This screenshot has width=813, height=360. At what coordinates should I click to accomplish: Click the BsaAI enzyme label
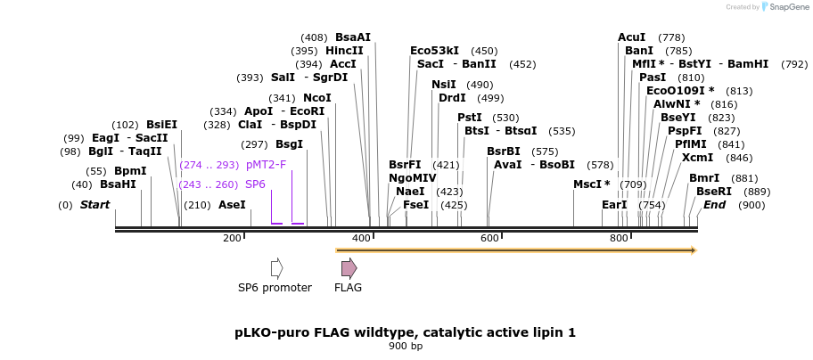tap(352, 37)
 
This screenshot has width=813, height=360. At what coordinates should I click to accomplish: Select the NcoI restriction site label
tap(316, 97)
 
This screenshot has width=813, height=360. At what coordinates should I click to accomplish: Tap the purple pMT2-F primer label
tap(266, 165)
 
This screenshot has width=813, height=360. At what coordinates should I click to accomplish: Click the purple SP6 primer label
tap(255, 184)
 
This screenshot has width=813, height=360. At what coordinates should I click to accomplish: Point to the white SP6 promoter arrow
tap(276, 267)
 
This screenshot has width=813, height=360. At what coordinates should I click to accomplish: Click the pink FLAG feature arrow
tap(349, 267)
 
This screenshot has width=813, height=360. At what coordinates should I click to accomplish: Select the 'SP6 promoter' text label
tap(275, 288)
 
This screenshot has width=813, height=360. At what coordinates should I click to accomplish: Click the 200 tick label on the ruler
tap(232, 238)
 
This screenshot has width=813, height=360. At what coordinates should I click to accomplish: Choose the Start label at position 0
tap(94, 205)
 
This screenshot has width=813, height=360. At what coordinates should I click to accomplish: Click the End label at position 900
tap(714, 205)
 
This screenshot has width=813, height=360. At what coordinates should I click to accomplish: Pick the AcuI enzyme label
tap(631, 37)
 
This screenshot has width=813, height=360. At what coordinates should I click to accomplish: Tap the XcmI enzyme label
tap(697, 158)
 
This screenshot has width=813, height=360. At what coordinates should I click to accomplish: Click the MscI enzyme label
tap(591, 184)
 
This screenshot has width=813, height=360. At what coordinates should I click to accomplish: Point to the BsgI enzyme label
tap(289, 144)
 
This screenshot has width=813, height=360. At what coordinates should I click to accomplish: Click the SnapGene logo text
tap(785, 7)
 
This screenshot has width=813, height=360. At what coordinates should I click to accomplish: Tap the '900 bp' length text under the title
tap(406, 346)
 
